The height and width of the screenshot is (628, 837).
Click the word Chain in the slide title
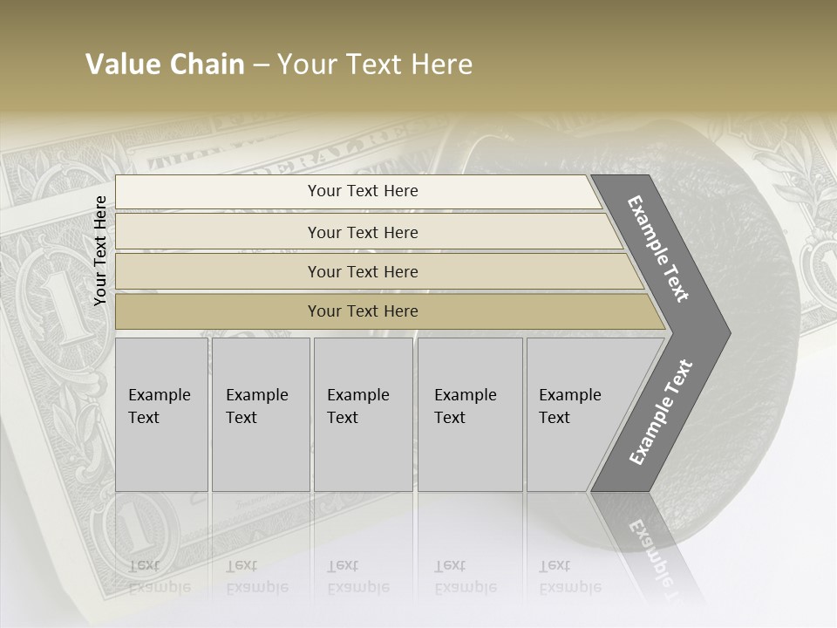pos(208,65)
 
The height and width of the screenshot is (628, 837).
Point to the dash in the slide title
pos(261,65)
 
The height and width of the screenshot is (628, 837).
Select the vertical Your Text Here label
pos(100,250)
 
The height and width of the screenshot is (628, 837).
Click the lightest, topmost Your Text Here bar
pos(362,191)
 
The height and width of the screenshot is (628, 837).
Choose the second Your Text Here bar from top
pos(362,232)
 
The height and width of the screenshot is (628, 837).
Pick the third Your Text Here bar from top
pos(362,271)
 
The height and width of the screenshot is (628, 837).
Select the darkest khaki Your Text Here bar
pos(362,311)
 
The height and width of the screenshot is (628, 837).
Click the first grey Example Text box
pos(161,414)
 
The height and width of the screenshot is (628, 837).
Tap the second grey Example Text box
pos(261,414)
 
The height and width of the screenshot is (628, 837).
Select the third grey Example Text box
pos(363,414)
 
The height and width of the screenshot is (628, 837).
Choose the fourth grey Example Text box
pos(470,414)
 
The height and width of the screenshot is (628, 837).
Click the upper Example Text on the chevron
pos(659,249)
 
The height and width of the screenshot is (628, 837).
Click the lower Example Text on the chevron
pos(661,412)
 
